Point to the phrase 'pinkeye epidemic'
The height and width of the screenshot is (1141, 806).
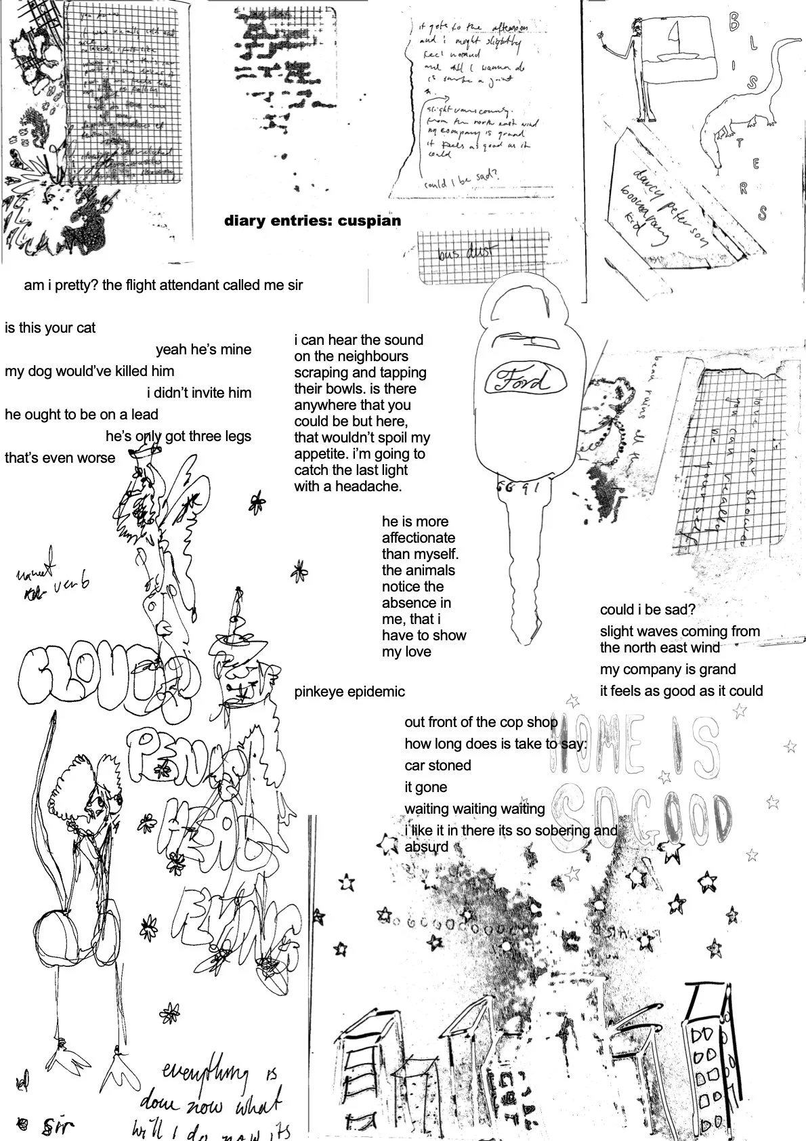349,692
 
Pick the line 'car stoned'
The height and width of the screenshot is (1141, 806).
438,766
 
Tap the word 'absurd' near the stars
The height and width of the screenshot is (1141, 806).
426,847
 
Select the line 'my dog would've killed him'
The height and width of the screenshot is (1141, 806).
89,371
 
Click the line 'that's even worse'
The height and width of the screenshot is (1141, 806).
60,458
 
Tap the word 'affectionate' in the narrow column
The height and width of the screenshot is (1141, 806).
418,538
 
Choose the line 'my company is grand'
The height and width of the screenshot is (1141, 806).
667,669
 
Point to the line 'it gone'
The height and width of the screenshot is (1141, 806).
426,787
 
